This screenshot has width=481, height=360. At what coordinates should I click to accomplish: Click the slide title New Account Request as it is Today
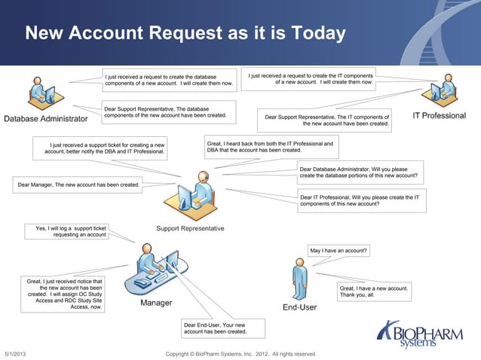185,34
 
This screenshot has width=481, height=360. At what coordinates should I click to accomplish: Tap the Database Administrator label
45,118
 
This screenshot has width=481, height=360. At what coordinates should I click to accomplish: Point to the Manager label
156,304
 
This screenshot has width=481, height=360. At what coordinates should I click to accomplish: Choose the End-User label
299,307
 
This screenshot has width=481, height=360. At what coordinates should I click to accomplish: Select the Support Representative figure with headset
193,196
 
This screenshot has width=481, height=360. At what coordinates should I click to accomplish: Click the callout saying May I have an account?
339,250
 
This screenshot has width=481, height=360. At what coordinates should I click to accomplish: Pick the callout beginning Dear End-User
215,328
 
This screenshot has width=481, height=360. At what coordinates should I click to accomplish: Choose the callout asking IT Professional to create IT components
360,200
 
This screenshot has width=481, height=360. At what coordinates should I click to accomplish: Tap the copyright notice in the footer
244,354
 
